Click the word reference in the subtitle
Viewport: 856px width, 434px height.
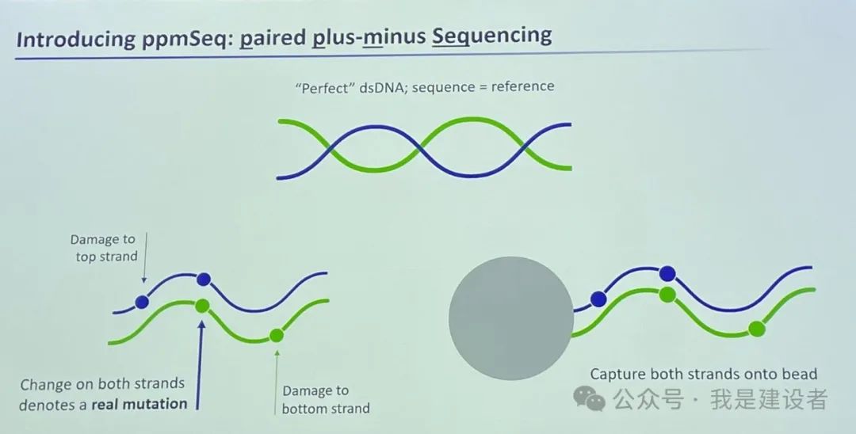pyautogui.click(x=522, y=86)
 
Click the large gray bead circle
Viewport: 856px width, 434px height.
pyautogui.click(x=511, y=318)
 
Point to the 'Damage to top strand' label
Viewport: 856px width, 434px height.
pyautogui.click(x=104, y=248)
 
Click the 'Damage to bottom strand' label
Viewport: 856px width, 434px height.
pyautogui.click(x=326, y=399)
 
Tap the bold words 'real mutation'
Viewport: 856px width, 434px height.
pyautogui.click(x=139, y=404)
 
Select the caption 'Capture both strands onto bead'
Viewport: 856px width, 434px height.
pyautogui.click(x=703, y=374)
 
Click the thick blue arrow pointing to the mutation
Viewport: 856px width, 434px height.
pyautogui.click(x=200, y=364)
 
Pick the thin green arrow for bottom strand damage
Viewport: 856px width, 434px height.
pyautogui.click(x=277, y=383)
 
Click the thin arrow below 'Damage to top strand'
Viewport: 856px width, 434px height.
pyautogui.click(x=145, y=257)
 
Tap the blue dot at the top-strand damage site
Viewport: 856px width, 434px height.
pyautogui.click(x=142, y=302)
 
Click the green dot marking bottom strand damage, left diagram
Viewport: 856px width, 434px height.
pyautogui.click(x=277, y=335)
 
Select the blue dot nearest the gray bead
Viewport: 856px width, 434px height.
pyautogui.click(x=598, y=299)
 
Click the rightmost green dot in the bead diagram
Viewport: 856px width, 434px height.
pyautogui.click(x=757, y=329)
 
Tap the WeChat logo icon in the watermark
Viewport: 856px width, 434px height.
pyautogui.click(x=589, y=398)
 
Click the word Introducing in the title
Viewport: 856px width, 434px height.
pyautogui.click(x=76, y=40)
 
